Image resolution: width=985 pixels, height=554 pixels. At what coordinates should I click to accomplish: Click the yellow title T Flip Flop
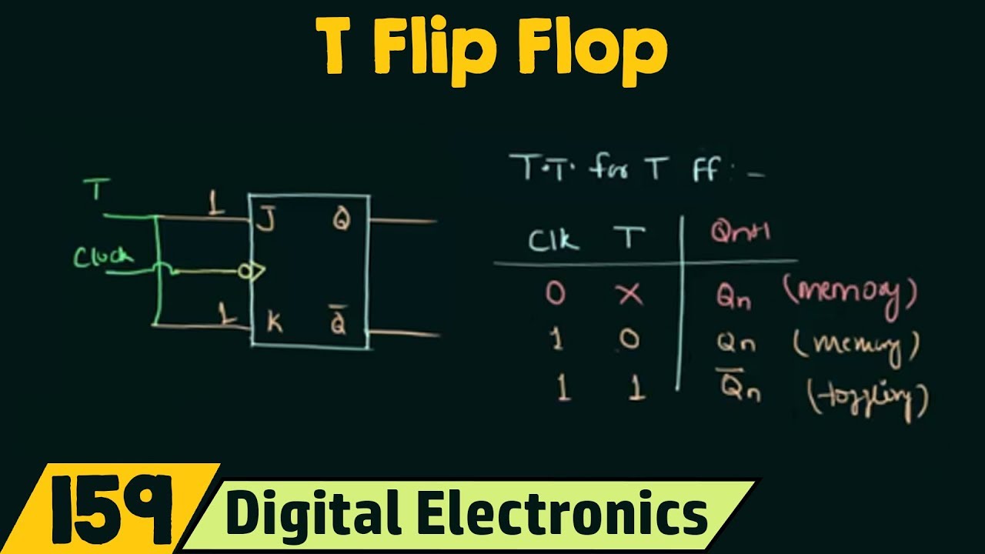click(492, 48)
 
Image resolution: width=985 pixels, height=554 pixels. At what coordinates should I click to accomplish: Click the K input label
click(274, 323)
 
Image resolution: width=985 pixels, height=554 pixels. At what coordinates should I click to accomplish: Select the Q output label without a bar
click(340, 221)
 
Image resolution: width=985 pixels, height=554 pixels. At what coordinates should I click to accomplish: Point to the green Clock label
click(103, 256)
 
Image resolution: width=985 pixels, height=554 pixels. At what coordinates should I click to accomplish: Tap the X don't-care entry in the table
click(630, 293)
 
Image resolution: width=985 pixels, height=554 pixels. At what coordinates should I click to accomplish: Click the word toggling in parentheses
click(866, 399)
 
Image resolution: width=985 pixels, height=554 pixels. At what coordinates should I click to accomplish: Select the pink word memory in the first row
click(851, 295)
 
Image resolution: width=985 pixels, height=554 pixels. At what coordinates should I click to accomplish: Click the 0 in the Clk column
click(556, 293)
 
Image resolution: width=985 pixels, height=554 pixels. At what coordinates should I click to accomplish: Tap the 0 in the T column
click(630, 341)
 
